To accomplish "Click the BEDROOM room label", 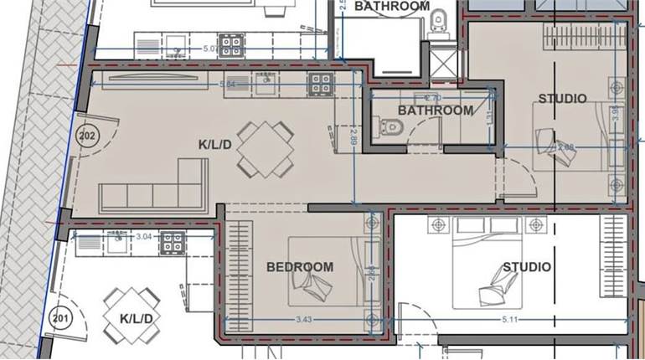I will (x=300, y=267).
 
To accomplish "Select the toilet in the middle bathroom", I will (x=392, y=128).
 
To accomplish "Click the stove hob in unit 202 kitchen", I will (x=320, y=82).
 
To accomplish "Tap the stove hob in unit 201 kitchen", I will (x=173, y=243).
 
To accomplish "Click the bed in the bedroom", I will (x=327, y=269).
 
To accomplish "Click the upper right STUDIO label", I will (x=562, y=99).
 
